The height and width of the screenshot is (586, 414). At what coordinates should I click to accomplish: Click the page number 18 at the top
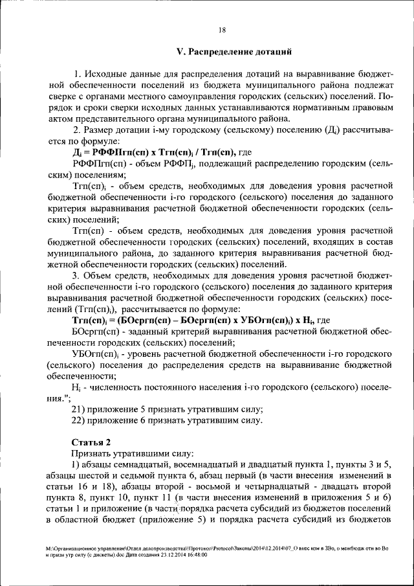tap(221, 29)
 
